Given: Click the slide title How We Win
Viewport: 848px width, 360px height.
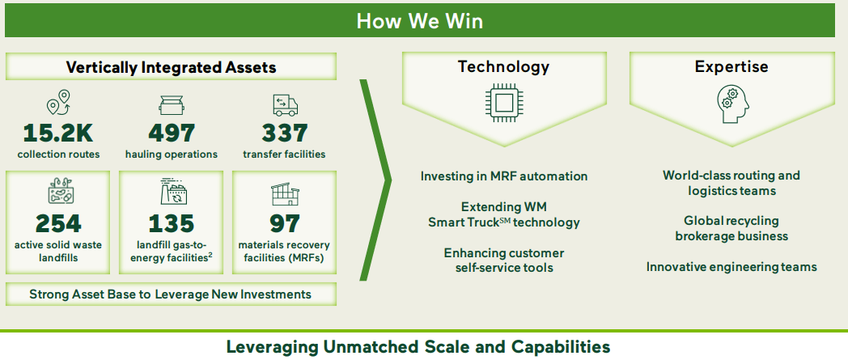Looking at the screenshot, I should [419, 20].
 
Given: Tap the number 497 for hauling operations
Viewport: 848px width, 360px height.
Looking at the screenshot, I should [171, 133].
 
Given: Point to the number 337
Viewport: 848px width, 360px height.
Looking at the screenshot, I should [284, 133].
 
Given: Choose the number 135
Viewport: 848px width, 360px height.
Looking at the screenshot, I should [171, 223].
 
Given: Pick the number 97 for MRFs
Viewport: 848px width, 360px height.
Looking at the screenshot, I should [284, 223].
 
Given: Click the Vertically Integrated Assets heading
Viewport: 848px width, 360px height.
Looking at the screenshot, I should [171, 67].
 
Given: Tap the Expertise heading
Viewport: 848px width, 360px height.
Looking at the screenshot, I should [731, 66].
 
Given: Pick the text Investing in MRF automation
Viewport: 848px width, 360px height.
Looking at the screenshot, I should [503, 176].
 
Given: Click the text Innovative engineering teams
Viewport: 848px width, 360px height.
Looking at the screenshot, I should [731, 267].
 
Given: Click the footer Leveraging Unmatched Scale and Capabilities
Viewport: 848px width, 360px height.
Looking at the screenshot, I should [418, 347].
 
